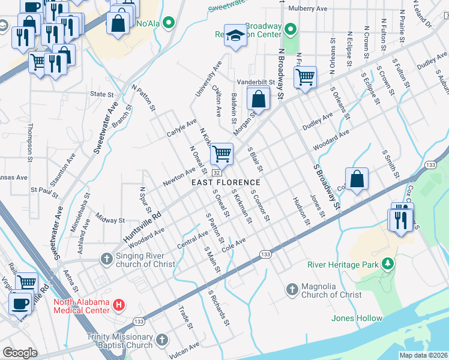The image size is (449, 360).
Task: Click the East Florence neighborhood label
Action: [x=226, y=182]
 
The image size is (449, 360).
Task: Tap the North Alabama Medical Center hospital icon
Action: [x=119, y=305]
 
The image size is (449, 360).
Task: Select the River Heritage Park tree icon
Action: [x=388, y=264]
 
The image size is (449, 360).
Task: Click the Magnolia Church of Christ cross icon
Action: [x=292, y=290]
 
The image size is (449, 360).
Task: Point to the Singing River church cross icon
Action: [x=106, y=259]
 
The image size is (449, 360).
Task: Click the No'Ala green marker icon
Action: [x=169, y=23]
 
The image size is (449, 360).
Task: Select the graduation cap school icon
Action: [x=236, y=36]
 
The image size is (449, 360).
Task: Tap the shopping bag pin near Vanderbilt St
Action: [x=258, y=99]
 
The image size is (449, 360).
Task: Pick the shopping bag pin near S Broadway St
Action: [x=357, y=179]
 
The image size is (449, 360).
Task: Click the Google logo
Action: [x=20, y=353]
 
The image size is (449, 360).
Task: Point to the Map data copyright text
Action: [x=423, y=355]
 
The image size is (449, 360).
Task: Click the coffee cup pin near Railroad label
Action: [x=19, y=302]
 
